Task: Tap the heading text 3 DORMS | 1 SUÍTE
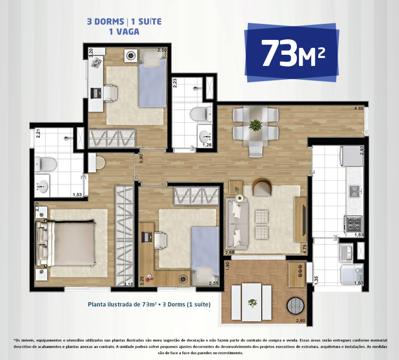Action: click(x=124, y=22)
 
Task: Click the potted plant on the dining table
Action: click(x=256, y=126)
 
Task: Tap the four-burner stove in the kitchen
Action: click(x=354, y=222)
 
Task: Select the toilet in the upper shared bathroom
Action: click(x=203, y=113)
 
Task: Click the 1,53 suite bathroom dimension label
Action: click(x=78, y=195)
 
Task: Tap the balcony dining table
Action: click(x=251, y=301)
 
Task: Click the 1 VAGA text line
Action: click(x=124, y=31)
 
